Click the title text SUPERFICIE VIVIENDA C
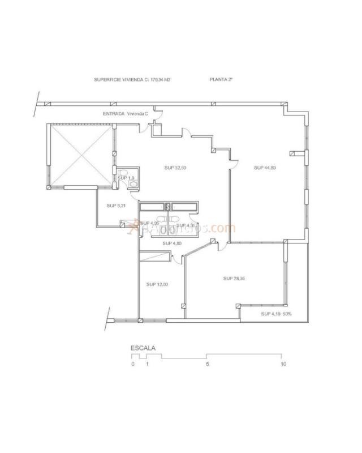119,80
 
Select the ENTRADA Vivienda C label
125,113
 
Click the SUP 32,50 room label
175,168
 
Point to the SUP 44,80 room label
265,168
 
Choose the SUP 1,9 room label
126,178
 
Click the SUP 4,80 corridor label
173,243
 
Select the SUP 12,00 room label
157,284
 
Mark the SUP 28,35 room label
234,278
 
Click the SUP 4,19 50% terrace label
276,314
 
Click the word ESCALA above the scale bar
143,348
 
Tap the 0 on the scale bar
133,364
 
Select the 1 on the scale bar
147,364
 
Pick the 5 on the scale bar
208,364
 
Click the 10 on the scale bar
283,364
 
